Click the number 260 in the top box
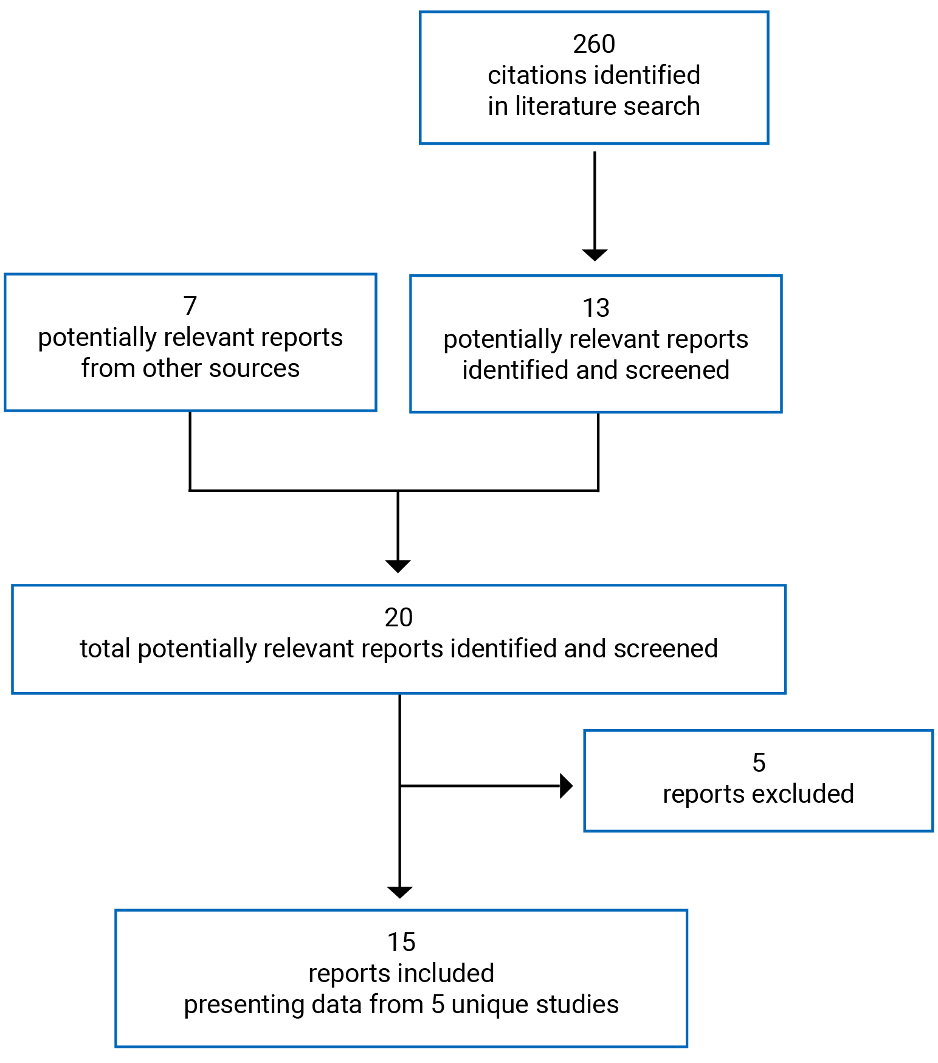(593, 44)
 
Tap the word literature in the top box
(558, 106)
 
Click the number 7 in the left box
(190, 306)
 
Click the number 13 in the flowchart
(595, 308)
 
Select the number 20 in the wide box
(398, 618)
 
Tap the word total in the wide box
(105, 649)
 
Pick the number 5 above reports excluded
(759, 763)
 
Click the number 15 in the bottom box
(401, 943)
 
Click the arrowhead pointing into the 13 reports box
(595, 255)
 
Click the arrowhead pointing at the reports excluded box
(566, 786)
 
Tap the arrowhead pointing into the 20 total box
(398, 566)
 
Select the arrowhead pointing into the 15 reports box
(400, 892)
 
